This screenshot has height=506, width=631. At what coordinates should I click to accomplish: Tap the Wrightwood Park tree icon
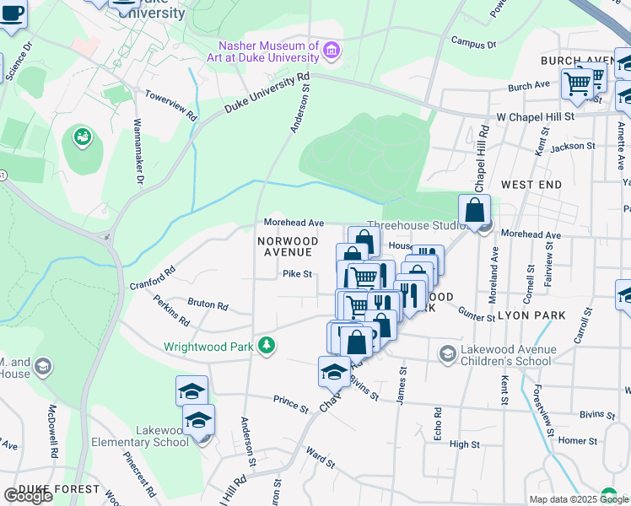(267, 346)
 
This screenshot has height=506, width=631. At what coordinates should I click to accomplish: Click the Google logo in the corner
(28, 496)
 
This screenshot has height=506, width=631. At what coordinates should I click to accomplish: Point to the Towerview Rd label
(170, 105)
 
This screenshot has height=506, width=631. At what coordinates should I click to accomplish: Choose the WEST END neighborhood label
(531, 184)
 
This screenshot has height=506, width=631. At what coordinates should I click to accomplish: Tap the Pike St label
(297, 273)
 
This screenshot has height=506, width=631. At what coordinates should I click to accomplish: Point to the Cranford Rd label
(152, 278)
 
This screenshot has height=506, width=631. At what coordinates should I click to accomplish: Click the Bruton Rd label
(208, 304)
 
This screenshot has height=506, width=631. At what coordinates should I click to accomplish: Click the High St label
(464, 444)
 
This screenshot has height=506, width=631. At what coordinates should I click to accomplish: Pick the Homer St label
(577, 440)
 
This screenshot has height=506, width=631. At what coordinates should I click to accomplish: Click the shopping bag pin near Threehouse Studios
(474, 211)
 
